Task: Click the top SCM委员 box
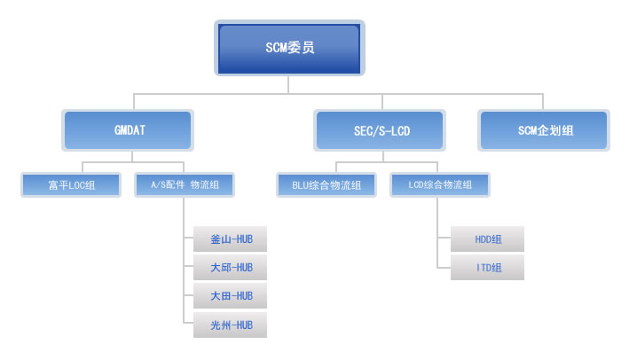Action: click(x=289, y=48)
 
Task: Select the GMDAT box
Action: click(x=128, y=130)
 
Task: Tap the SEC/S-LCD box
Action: click(x=380, y=130)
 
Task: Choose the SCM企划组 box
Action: click(x=544, y=130)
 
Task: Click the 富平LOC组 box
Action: click(x=71, y=184)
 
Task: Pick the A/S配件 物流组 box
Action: click(x=185, y=184)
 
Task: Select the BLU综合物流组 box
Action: click(x=326, y=184)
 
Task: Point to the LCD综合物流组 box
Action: click(x=440, y=184)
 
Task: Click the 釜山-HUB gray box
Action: click(x=231, y=239)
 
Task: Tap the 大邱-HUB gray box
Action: click(x=231, y=268)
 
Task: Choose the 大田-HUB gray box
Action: click(x=231, y=296)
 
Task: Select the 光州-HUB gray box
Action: click(x=231, y=325)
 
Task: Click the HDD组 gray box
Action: click(x=487, y=239)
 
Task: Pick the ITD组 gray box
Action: click(x=487, y=268)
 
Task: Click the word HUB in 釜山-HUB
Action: click(x=244, y=239)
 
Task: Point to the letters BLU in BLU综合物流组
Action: click(x=300, y=185)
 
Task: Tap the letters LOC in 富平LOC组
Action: click(x=76, y=185)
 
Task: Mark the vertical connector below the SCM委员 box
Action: click(x=288, y=84)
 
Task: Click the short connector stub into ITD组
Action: click(x=444, y=268)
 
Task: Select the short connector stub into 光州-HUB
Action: click(x=189, y=323)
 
